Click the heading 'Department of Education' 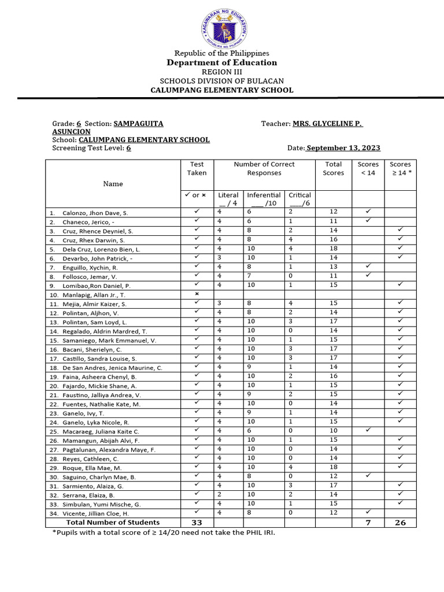click(222, 62)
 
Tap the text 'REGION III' click(222, 72)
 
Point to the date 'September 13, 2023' click(343, 148)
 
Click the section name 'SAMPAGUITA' click(138, 124)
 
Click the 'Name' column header click(113, 184)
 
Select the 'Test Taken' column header click(197, 168)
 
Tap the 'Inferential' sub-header click(264, 195)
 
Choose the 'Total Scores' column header click(334, 168)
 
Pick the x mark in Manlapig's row click(197, 294)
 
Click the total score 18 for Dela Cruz click(334, 249)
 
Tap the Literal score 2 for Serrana click(220, 495)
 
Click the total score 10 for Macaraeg click(334, 431)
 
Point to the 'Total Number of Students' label click(113, 523)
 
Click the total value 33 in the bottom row click(197, 523)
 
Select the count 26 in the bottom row click(400, 523)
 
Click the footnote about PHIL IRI click(164, 532)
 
